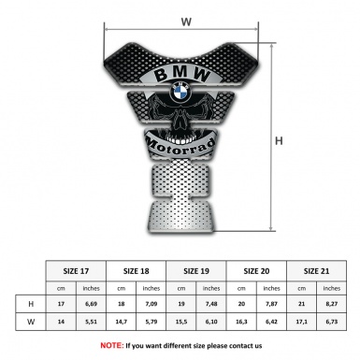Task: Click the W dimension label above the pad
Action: pos(186,22)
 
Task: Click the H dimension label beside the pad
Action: pos(279,141)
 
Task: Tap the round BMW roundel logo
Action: pos(180,93)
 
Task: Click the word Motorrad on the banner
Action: pos(180,146)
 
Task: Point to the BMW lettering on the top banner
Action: pos(182,75)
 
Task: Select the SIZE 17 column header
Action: pos(76,271)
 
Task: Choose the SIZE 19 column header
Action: pos(196,271)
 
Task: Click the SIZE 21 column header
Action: pos(316,271)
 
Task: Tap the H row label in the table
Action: pos(31,304)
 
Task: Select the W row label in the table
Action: pos(31,322)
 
